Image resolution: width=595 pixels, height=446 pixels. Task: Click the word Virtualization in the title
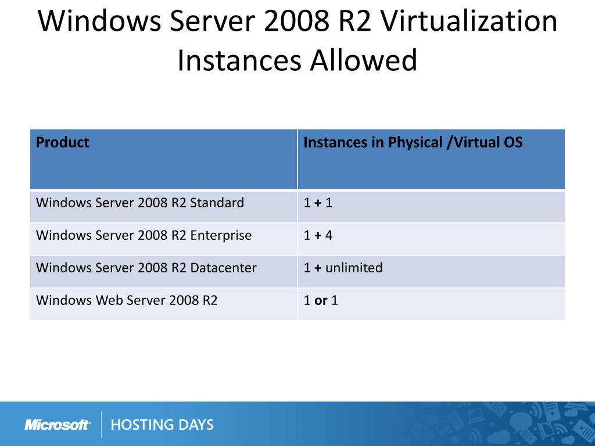469,21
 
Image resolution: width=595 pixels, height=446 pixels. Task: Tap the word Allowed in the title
364,60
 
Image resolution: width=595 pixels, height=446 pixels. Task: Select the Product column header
63,142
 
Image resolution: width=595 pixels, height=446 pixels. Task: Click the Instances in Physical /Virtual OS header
413,142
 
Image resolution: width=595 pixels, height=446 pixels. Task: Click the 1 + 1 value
318,203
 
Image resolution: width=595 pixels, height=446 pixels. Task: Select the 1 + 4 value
318,235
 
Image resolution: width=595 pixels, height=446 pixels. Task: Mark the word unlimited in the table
354,268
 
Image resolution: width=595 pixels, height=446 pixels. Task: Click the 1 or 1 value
321,300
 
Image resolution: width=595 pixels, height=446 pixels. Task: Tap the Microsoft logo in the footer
58,425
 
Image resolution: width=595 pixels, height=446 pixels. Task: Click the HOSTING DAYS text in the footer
162,425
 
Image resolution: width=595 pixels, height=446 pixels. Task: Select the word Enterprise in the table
221,236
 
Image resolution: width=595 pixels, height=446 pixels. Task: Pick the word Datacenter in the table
224,268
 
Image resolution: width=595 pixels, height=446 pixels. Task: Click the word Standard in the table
217,203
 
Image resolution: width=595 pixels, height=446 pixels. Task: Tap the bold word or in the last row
321,301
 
